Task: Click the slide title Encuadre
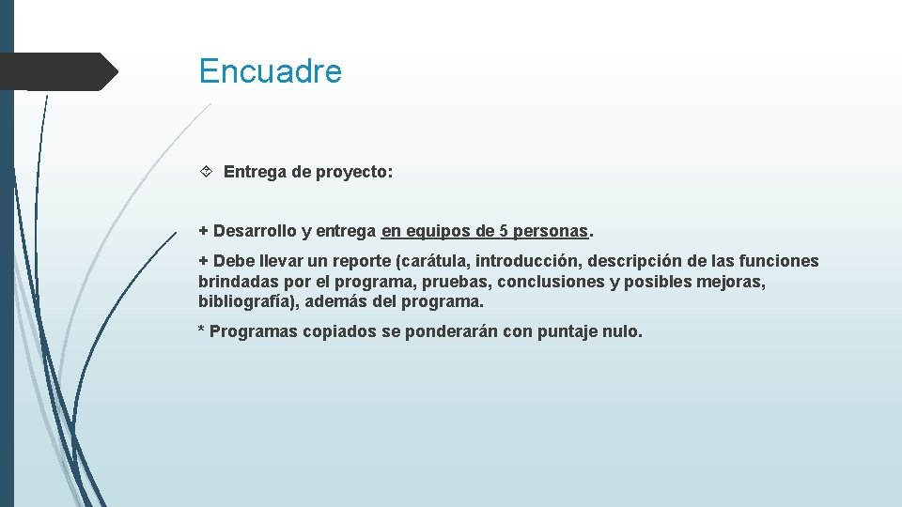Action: pyautogui.click(x=270, y=71)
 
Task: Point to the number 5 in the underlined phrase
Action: pyautogui.click(x=503, y=231)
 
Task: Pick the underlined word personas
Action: pyautogui.click(x=551, y=231)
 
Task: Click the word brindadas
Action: pyautogui.click(x=236, y=282)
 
